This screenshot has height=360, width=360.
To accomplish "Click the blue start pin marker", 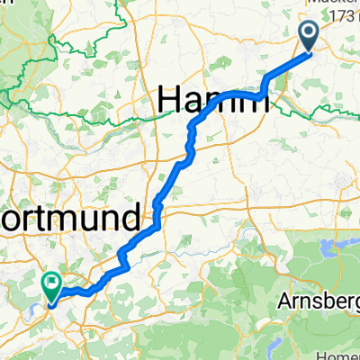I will pyautogui.click(x=307, y=37).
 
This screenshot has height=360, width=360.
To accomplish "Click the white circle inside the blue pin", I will pyautogui.click(x=307, y=34).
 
